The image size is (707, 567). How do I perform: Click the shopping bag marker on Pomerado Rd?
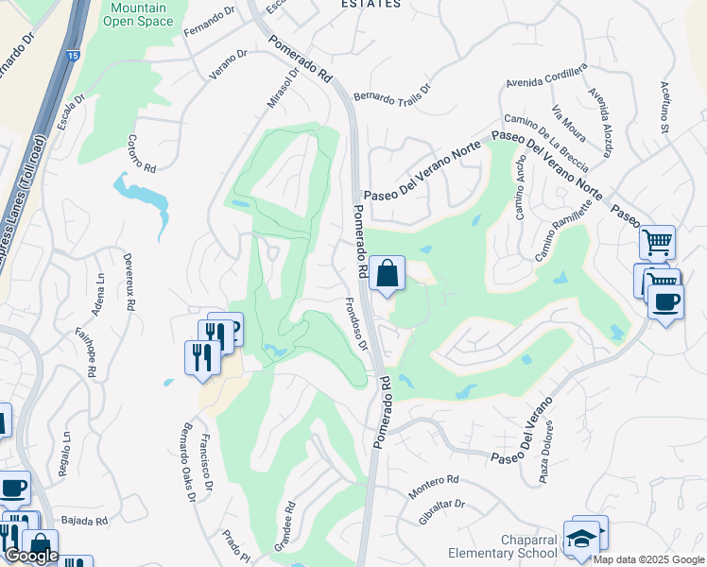pyautogui.click(x=387, y=275)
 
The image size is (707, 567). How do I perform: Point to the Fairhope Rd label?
pyautogui.click(x=89, y=352)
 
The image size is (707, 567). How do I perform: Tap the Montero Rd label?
pyautogui.click(x=433, y=488)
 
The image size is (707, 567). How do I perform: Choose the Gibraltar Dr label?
pyautogui.click(x=441, y=511)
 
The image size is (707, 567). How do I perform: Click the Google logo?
pyautogui.click(x=31, y=556)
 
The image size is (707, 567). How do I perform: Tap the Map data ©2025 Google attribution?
pyautogui.click(x=648, y=559)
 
